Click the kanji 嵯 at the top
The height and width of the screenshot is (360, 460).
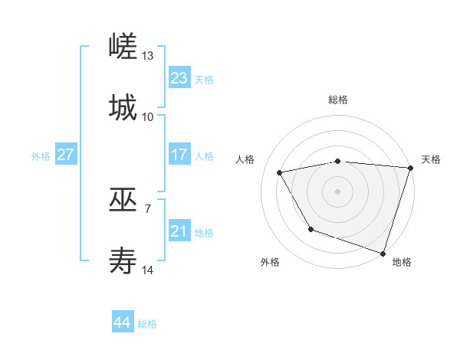[123, 47]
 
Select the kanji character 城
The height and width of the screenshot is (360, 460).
[123, 106]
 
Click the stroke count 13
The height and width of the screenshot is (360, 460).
[148, 56]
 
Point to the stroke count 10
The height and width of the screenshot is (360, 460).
[148, 116]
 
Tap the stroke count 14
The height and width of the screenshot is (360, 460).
[148, 270]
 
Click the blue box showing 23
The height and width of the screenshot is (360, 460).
[179, 78]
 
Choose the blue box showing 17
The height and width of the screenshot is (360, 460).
[179, 155]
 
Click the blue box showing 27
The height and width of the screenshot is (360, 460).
[66, 155]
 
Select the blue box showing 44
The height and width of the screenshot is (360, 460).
[123, 322]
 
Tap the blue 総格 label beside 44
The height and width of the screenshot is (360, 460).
[147, 324]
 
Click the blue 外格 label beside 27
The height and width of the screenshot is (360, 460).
[41, 156]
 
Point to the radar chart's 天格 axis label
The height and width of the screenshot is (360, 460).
[431, 159]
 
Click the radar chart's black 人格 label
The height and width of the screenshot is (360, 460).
[245, 159]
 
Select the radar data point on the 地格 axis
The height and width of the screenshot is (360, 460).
[383, 253]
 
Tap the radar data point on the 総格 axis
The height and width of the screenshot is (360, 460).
[338, 161]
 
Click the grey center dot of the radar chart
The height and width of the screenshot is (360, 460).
[338, 191]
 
